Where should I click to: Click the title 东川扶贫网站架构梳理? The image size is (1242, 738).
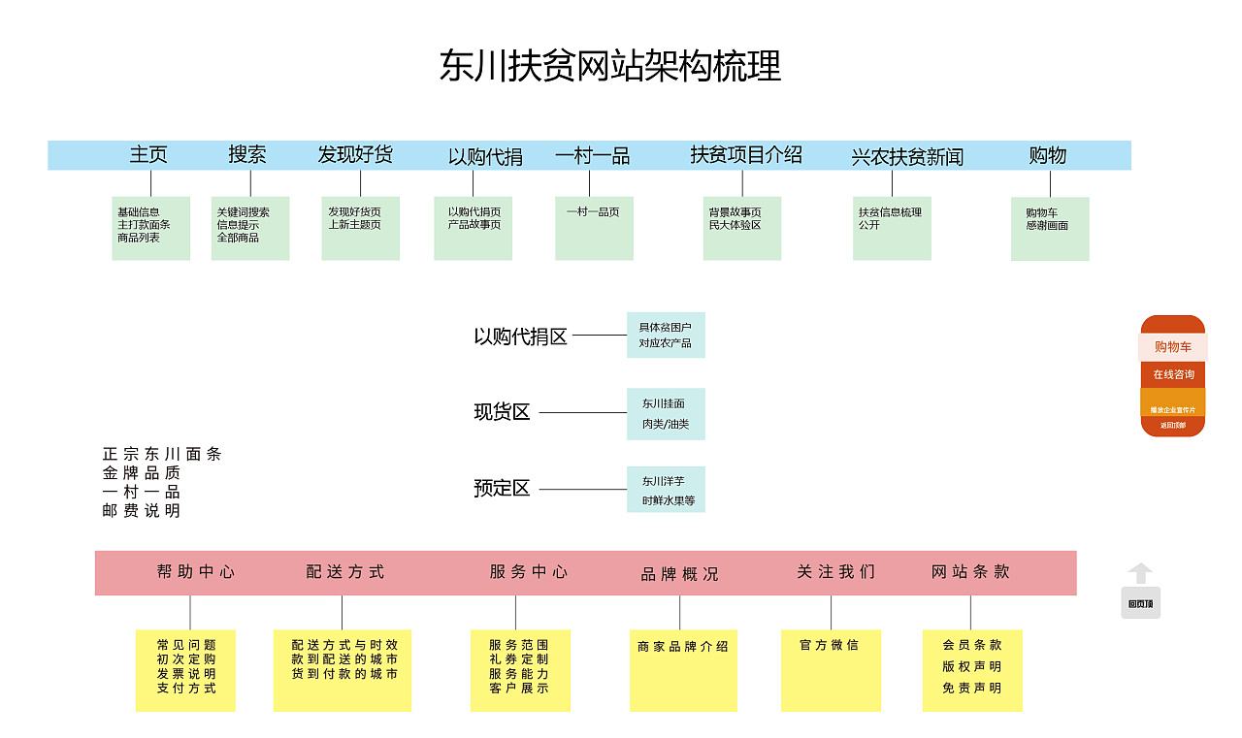coord(610,67)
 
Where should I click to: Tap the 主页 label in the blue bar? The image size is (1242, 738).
coord(148,154)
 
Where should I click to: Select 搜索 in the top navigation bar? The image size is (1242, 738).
coord(247,154)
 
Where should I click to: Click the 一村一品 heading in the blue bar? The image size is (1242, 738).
coord(592,155)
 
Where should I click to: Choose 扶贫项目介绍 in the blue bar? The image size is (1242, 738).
coord(745,154)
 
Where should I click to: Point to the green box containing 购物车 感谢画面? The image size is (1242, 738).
coord(1049,229)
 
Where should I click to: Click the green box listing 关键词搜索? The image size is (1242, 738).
coord(250,228)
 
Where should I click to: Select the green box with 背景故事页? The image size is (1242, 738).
coord(742,228)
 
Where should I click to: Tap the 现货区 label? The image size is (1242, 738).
coord(502,412)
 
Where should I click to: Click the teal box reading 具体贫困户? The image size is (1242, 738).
coord(666,336)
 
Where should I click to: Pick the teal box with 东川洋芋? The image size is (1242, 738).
coord(666,490)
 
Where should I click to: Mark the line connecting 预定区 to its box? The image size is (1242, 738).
coord(582,490)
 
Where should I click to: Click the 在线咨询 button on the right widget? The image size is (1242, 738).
coord(1173,374)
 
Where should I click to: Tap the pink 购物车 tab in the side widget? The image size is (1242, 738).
coord(1173,347)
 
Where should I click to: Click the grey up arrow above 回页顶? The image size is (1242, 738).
coord(1141,573)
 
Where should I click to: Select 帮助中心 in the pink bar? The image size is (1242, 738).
coord(195,572)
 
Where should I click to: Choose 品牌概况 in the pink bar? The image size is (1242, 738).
coord(679,574)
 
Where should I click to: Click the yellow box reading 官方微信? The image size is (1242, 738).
coord(831,670)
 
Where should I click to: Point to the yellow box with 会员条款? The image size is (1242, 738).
coord(971,670)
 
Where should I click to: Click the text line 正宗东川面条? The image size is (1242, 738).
coord(162,454)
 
